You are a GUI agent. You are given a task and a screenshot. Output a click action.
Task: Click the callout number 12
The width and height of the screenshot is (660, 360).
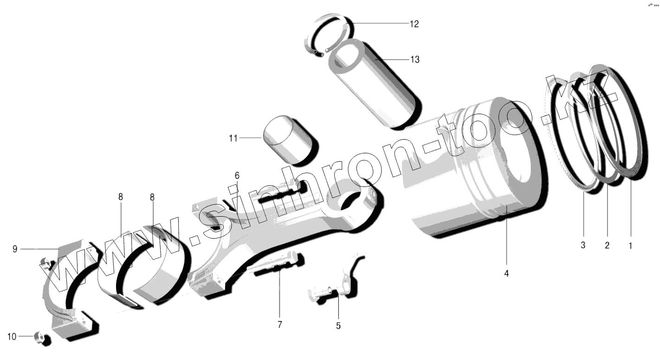(414, 24)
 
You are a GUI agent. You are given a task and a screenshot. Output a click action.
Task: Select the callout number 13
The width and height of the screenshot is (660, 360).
(414, 59)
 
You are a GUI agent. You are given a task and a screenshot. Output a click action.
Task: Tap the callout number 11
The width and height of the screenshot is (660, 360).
(233, 138)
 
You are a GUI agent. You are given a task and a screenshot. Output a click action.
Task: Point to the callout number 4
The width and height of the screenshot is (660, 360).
(506, 274)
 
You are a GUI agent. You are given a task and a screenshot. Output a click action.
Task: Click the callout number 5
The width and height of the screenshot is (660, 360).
(338, 326)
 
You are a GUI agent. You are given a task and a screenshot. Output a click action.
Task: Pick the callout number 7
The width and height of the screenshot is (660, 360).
(279, 325)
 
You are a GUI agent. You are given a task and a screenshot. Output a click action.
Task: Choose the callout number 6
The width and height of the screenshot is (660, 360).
(237, 176)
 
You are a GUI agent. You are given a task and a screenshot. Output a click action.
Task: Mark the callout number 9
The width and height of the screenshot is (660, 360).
(15, 250)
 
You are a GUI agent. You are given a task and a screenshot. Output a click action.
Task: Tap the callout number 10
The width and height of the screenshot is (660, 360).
(12, 336)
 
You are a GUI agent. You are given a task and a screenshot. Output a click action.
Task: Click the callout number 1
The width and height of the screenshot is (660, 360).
(630, 246)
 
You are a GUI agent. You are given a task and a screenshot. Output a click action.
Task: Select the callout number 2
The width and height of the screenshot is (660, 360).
(607, 246)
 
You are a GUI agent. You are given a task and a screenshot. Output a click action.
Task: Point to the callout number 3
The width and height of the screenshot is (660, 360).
(583, 246)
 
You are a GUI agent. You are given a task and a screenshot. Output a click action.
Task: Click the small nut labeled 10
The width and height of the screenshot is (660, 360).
(42, 339)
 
